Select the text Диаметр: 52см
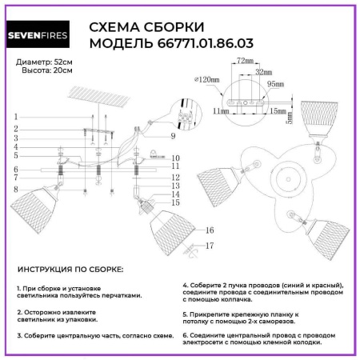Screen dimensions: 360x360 pos(45,62)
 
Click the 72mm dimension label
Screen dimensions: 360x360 pos(245,62)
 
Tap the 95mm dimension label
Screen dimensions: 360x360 pos(277,82)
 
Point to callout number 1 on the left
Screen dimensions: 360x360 pos(15,118)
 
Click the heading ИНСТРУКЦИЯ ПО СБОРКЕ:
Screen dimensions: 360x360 pos(70,271)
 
